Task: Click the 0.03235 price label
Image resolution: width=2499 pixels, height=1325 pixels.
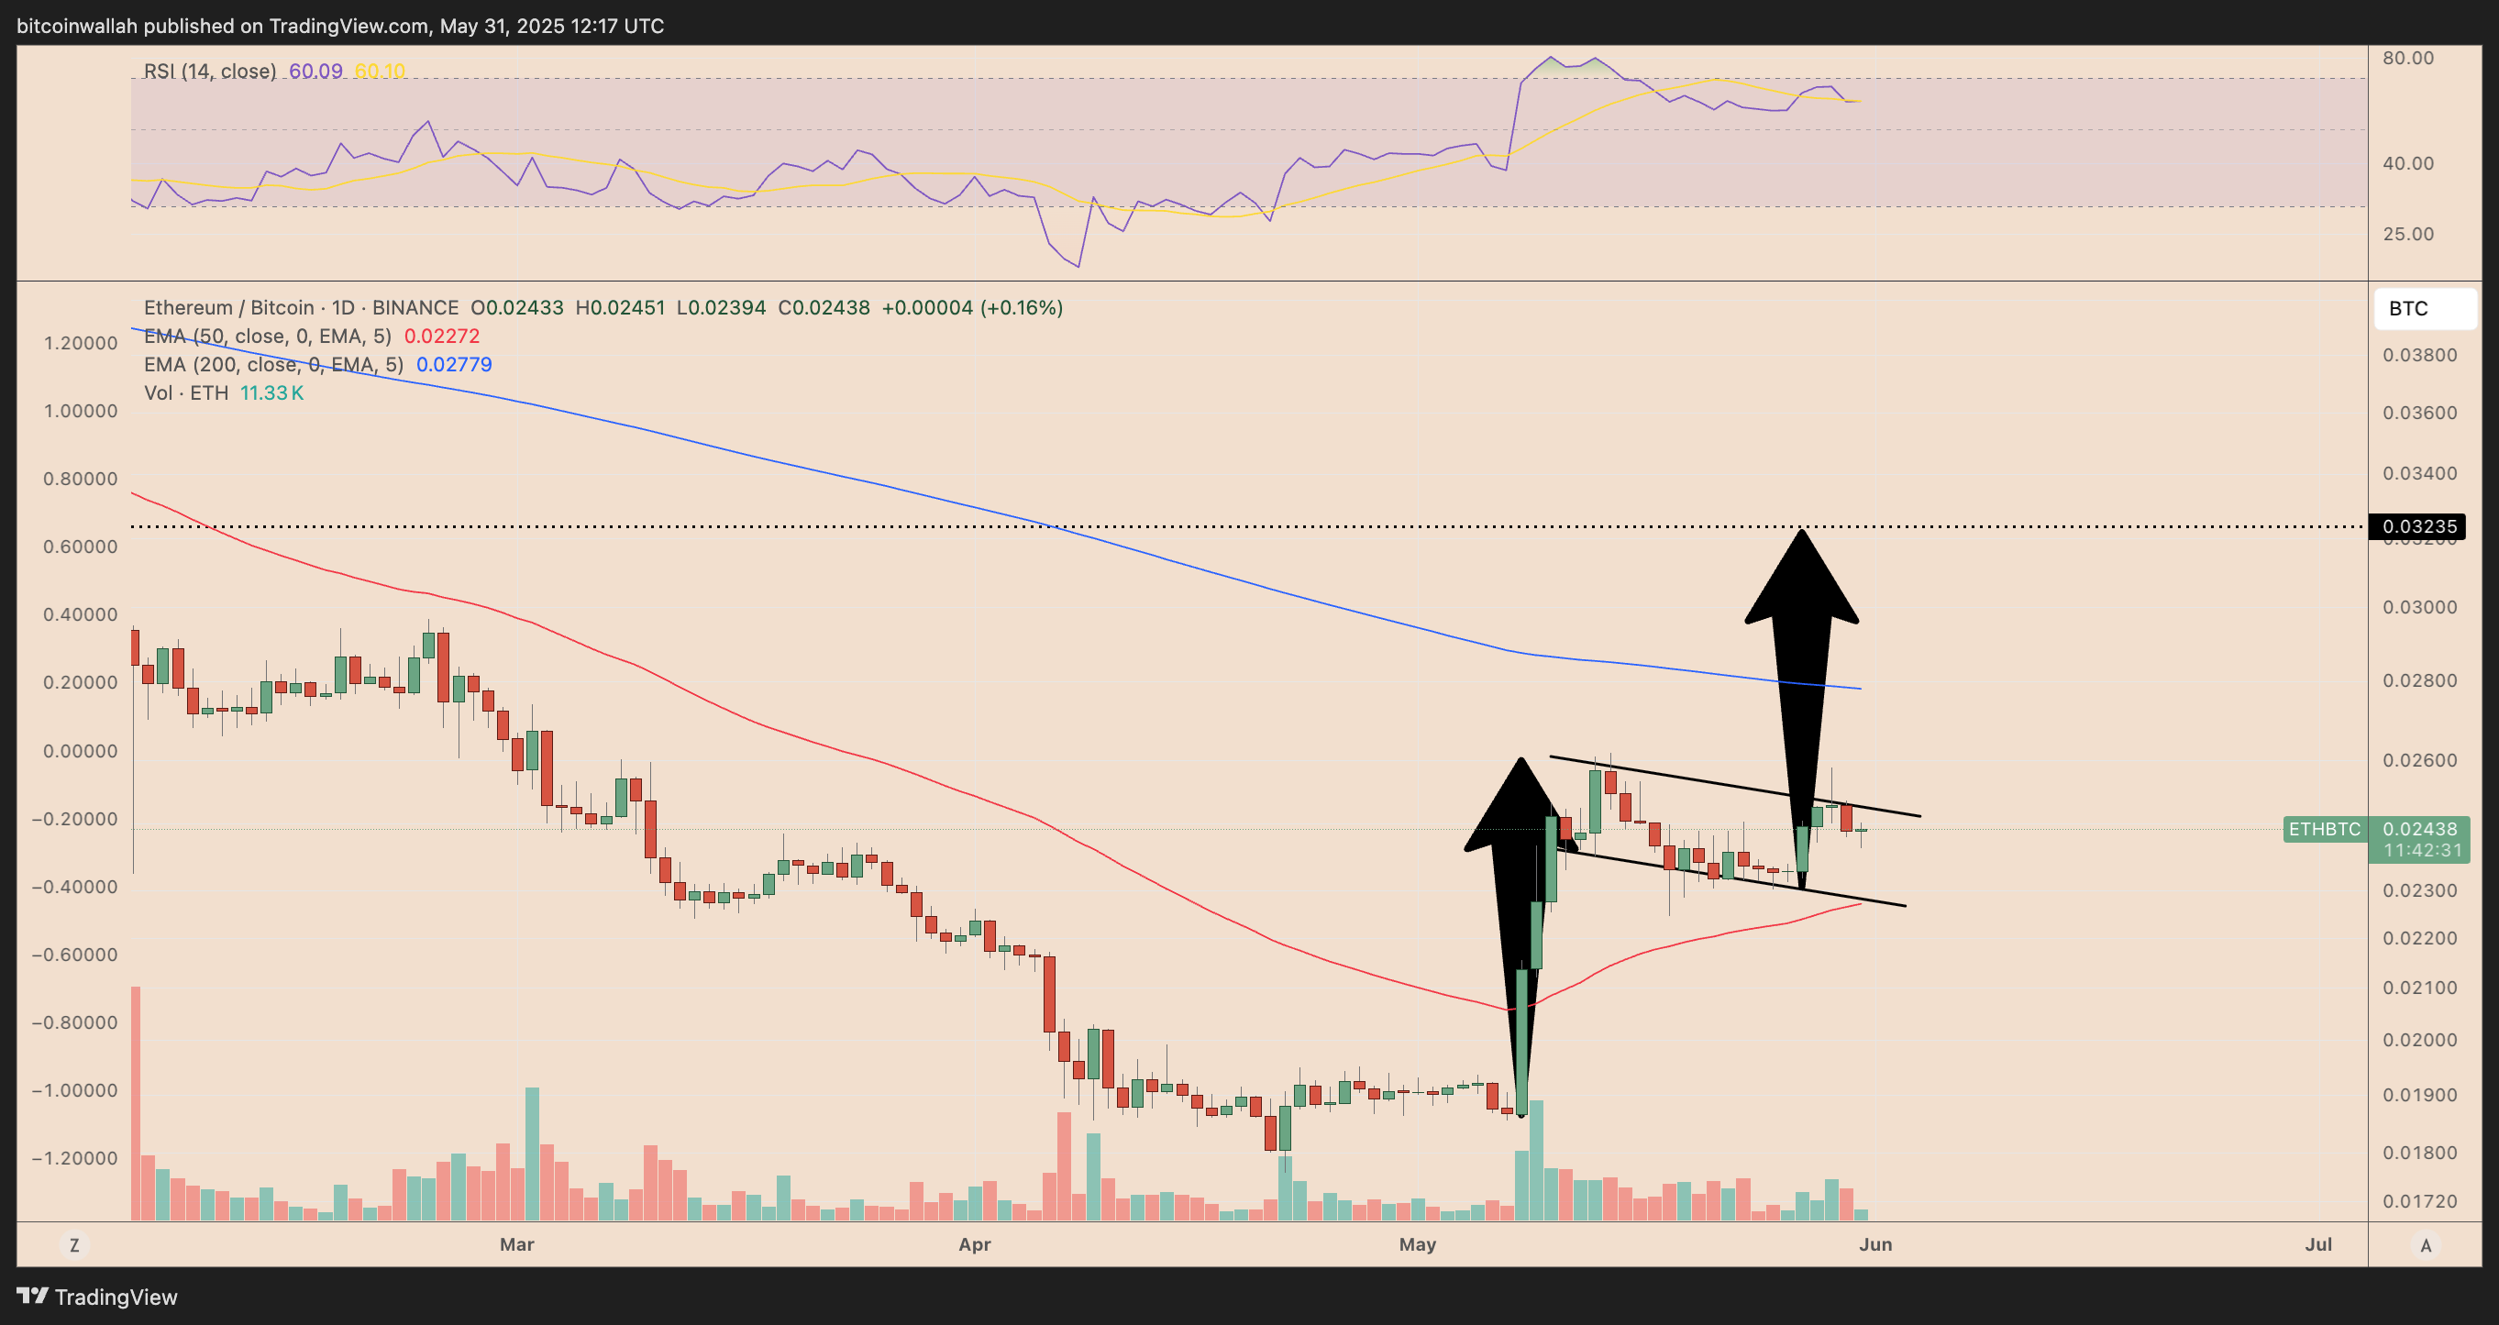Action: (2418, 526)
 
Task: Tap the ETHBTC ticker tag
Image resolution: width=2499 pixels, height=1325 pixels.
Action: (2325, 829)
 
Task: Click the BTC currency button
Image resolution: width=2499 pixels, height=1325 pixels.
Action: (2408, 308)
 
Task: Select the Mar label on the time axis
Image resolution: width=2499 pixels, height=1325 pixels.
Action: (516, 1244)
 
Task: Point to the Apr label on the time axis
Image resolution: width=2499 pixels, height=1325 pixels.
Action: (974, 1244)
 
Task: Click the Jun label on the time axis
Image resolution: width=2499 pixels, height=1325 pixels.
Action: (1875, 1244)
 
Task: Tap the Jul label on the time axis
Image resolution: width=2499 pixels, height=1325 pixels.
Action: (2317, 1244)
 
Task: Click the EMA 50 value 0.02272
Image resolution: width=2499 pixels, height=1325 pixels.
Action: (441, 337)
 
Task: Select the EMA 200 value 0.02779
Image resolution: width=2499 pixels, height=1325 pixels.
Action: (454, 365)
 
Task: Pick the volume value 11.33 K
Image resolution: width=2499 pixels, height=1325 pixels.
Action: (271, 392)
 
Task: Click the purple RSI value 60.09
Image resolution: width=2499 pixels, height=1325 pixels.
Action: (315, 71)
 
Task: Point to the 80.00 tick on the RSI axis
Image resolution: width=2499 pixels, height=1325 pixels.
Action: (2408, 58)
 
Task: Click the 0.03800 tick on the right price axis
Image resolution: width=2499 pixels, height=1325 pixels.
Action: (2419, 355)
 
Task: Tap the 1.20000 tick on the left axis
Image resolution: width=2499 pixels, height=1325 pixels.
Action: (81, 343)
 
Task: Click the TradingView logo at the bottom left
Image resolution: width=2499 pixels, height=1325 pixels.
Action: (97, 1297)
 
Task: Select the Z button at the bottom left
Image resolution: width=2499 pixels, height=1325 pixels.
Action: (74, 1245)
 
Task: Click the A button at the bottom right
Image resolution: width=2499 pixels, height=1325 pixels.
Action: (2426, 1245)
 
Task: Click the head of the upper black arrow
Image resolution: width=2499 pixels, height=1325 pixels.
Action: (1801, 582)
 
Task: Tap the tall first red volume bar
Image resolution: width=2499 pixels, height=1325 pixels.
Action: (136, 1103)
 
